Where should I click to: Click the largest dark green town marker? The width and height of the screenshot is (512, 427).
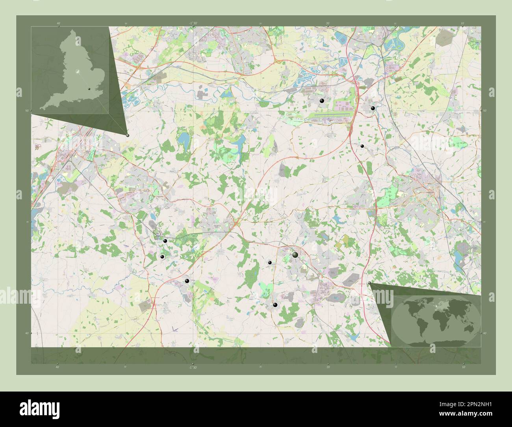(295, 255)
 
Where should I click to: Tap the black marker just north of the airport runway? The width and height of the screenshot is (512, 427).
(322, 101)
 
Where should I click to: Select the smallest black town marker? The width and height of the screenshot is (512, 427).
(362, 146)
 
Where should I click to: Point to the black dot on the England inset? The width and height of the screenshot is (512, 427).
(90, 89)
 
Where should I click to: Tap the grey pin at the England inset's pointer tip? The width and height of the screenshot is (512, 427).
(128, 135)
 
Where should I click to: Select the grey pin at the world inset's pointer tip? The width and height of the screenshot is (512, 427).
(369, 283)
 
